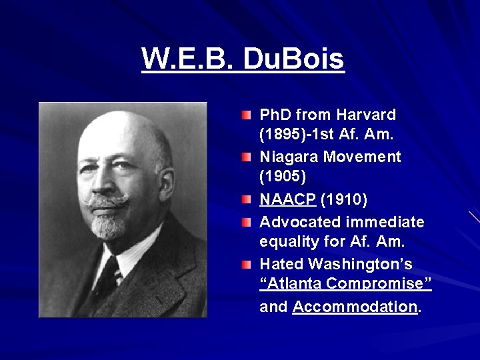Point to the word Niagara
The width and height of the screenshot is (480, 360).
pos(288,157)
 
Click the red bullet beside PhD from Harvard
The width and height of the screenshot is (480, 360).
pos(247,115)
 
